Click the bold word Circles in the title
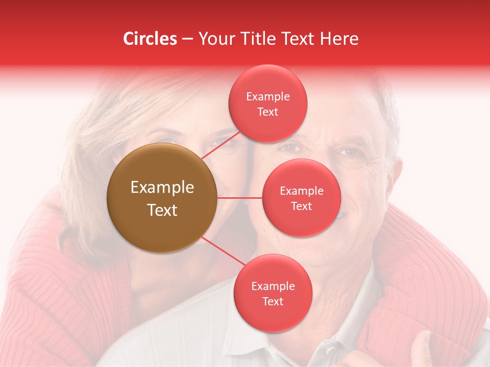[150, 39]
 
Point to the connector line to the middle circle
[240, 198]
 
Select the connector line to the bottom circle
[224, 251]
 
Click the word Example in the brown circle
[162, 188]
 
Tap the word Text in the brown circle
[162, 210]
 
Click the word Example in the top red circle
[267, 97]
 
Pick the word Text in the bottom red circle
[273, 301]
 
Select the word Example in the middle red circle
[301, 191]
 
